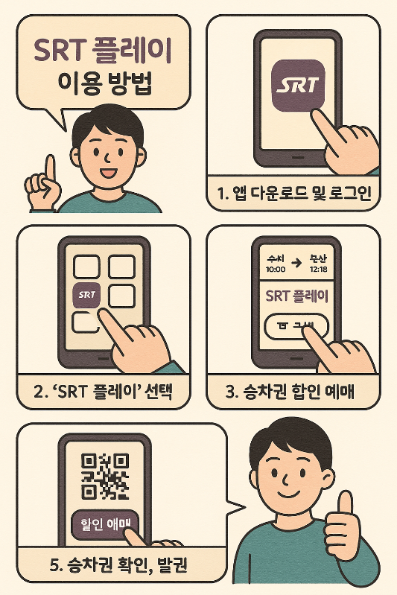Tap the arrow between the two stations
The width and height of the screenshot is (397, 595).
(296, 262)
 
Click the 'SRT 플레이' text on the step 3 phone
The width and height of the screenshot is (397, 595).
(298, 296)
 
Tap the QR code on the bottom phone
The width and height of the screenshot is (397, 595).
(104, 475)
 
